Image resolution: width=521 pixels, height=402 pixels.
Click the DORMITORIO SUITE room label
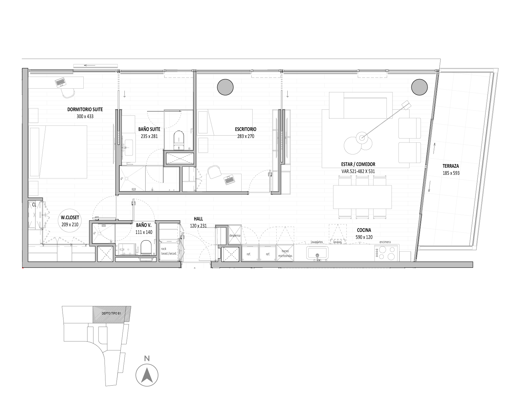click(x=85, y=109)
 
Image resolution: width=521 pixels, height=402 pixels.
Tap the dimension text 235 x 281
click(x=149, y=136)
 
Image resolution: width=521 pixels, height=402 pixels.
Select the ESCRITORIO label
click(x=246, y=129)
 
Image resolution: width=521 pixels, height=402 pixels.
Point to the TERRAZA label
click(x=451, y=166)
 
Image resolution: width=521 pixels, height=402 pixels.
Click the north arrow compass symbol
click(x=147, y=375)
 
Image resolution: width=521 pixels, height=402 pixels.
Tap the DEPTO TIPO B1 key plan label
click(x=111, y=313)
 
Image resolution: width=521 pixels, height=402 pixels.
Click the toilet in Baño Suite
click(x=178, y=140)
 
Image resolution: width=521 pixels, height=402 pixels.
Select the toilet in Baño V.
click(x=146, y=248)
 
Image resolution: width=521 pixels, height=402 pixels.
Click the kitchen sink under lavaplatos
click(x=317, y=253)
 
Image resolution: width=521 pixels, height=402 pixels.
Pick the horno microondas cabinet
click(x=285, y=253)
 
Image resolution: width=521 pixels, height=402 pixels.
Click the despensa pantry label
click(x=235, y=235)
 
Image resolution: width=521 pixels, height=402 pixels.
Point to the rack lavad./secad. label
click(x=169, y=251)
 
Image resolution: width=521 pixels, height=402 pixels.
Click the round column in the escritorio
click(x=225, y=87)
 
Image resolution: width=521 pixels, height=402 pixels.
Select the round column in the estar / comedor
click(x=419, y=87)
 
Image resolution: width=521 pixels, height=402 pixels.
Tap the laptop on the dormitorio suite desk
click(x=60, y=83)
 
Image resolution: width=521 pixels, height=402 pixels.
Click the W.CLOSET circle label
click(x=70, y=221)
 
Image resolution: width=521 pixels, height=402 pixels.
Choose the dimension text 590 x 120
click(x=364, y=237)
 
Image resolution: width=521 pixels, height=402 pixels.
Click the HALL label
click(x=198, y=219)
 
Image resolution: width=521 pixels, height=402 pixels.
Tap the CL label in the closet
click(x=34, y=205)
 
